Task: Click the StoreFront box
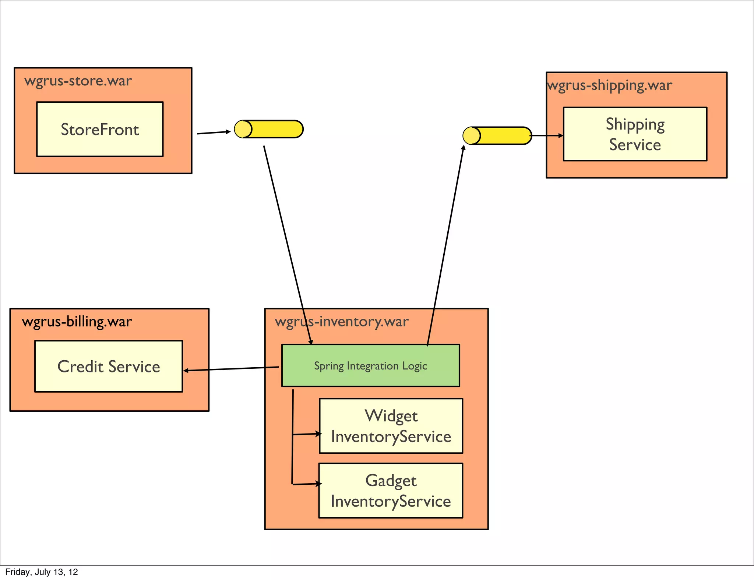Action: tap(100, 129)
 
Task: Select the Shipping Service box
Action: tap(635, 134)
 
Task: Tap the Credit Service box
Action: tap(109, 366)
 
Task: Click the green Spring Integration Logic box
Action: tap(370, 365)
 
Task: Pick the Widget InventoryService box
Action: tap(391, 426)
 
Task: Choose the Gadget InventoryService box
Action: tap(390, 491)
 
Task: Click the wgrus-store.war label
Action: tap(78, 81)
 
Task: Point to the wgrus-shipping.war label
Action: tap(609, 85)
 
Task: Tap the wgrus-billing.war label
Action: tap(77, 321)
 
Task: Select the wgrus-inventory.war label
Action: tap(342, 321)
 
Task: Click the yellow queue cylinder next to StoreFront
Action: tap(269, 129)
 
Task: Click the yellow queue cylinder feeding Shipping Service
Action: tap(497, 136)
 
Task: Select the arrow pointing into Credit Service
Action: tap(231, 369)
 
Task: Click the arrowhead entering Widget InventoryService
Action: tap(318, 434)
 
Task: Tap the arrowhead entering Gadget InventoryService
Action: tap(318, 484)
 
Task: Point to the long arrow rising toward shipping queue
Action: tap(445, 245)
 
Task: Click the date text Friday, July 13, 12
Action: tap(42, 572)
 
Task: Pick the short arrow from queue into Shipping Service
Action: tap(547, 135)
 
